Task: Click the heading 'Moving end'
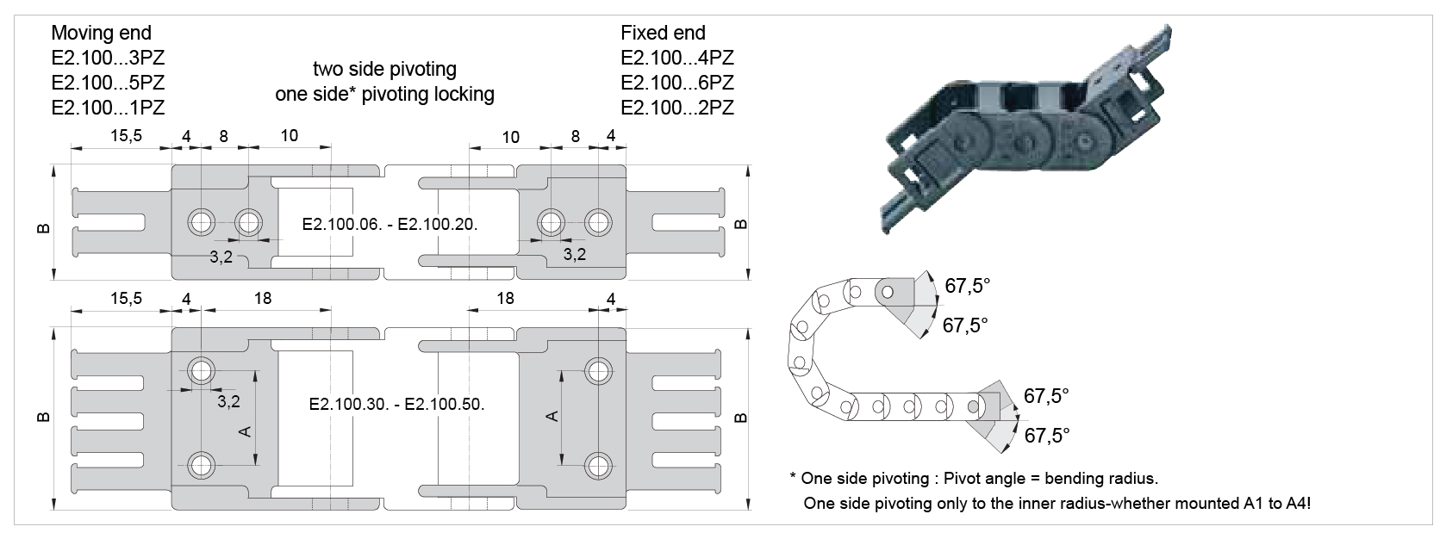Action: pyautogui.click(x=101, y=34)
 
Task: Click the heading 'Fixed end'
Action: pyautogui.click(x=663, y=34)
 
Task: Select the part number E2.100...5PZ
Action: pyautogui.click(x=108, y=84)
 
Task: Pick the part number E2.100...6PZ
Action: pyautogui.click(x=677, y=84)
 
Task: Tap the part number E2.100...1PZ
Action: pyautogui.click(x=108, y=108)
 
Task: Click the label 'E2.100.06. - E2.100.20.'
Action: pyautogui.click(x=390, y=224)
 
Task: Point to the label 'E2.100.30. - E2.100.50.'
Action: pyautogui.click(x=396, y=405)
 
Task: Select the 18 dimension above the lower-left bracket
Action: pyautogui.click(x=263, y=298)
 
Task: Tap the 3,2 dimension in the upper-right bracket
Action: pyautogui.click(x=575, y=254)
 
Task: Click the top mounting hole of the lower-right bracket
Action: pyautogui.click(x=597, y=371)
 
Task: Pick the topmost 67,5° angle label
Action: pyautogui.click(x=968, y=286)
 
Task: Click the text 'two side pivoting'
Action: pyautogui.click(x=384, y=69)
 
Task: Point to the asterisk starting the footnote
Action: pyautogui.click(x=792, y=477)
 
